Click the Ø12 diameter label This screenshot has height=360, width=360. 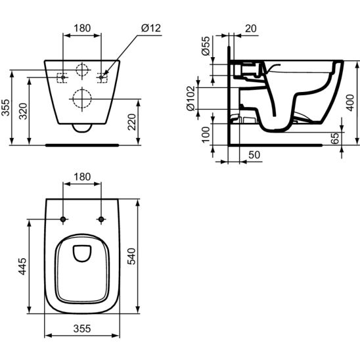click(x=151, y=28)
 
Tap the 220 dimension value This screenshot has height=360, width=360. click(x=132, y=122)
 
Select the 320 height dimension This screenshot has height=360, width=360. click(x=23, y=112)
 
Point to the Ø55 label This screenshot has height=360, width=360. click(x=206, y=46)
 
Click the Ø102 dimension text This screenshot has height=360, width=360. click(x=191, y=99)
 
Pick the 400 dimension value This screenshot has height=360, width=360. click(x=350, y=102)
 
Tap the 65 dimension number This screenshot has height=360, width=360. click(x=336, y=139)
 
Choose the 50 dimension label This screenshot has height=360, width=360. click(x=254, y=155)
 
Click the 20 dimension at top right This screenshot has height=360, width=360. click(x=251, y=28)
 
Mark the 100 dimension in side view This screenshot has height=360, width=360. click(x=206, y=135)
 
